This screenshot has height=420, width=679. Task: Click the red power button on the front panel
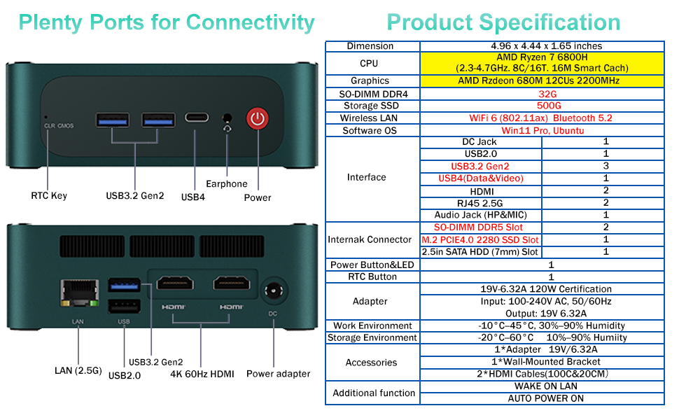click(258, 118)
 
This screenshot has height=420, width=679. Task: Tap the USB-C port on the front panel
click(197, 118)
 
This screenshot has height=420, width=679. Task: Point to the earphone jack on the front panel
click(227, 118)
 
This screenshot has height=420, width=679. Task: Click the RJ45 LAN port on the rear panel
click(79, 293)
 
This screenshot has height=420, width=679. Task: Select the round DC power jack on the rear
click(274, 290)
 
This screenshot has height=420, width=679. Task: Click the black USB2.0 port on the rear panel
click(124, 307)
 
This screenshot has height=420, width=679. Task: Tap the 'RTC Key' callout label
click(49, 196)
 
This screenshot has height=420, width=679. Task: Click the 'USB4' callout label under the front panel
click(192, 197)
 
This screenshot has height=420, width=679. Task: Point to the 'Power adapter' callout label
click(278, 374)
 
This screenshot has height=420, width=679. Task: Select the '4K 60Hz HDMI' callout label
click(202, 374)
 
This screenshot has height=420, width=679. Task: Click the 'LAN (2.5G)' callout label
click(78, 370)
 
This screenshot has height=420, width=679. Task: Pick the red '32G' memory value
click(547, 94)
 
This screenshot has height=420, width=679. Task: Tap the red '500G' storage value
click(549, 106)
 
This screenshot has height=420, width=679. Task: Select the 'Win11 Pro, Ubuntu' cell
click(542, 131)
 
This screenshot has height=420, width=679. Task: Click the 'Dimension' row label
click(370, 46)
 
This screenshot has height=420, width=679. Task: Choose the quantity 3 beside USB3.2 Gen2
click(605, 166)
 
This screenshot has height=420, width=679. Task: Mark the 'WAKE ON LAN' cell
click(545, 386)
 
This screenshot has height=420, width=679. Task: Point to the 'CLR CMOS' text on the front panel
click(59, 125)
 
